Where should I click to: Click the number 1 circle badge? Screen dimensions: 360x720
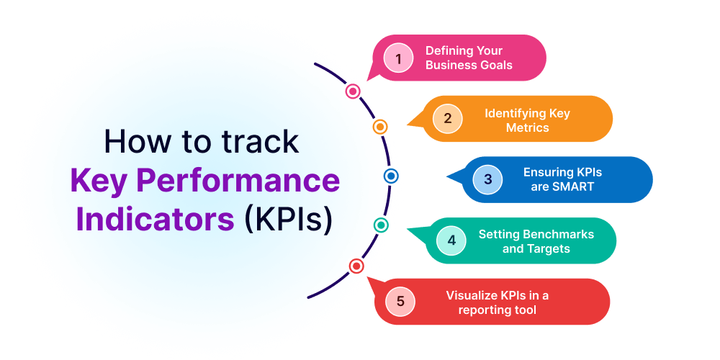[x=397, y=58]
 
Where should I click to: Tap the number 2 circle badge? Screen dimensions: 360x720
[x=447, y=119]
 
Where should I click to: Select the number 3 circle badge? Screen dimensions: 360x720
[x=487, y=179]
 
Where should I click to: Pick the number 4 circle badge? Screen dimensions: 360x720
[x=451, y=240]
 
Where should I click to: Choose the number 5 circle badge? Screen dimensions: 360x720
[x=400, y=301]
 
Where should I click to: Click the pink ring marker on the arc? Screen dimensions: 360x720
[x=353, y=91]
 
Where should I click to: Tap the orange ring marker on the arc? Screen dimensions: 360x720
[x=380, y=127]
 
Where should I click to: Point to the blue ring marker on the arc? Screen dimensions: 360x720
[x=390, y=175]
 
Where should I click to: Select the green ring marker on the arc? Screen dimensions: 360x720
[x=381, y=225]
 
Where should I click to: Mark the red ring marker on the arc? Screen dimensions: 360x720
[x=356, y=266]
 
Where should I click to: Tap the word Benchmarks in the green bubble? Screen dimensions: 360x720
[x=557, y=234]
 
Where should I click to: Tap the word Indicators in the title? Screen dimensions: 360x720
[x=156, y=218]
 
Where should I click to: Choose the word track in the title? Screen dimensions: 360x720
[x=261, y=141]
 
